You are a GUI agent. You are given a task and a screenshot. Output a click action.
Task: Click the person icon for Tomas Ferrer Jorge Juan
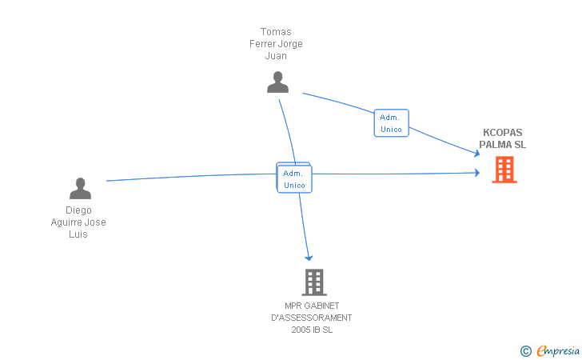(277, 82)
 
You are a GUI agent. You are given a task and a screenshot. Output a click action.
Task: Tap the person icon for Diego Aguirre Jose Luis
(80, 189)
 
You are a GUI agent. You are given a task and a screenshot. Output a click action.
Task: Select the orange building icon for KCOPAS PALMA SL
(504, 170)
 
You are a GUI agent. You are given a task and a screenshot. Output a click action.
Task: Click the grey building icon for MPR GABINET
(314, 282)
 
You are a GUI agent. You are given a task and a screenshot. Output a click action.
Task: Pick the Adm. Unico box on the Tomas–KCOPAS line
(391, 123)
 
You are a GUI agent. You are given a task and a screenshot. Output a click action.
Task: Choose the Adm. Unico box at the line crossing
(294, 179)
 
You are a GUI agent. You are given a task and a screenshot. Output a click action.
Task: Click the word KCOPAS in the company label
(502, 134)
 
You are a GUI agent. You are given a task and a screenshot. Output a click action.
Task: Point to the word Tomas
(276, 32)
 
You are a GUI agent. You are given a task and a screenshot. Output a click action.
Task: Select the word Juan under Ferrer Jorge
(276, 56)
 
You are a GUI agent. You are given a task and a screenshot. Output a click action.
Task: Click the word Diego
(78, 210)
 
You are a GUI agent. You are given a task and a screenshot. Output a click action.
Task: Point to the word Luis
(78, 234)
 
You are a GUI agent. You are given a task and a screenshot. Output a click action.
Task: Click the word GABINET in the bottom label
(323, 306)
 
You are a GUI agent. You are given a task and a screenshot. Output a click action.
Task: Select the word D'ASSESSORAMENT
(312, 318)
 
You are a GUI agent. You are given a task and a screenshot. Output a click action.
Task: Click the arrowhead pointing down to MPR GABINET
(309, 257)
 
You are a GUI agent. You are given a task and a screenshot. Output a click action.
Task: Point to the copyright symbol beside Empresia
(525, 350)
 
